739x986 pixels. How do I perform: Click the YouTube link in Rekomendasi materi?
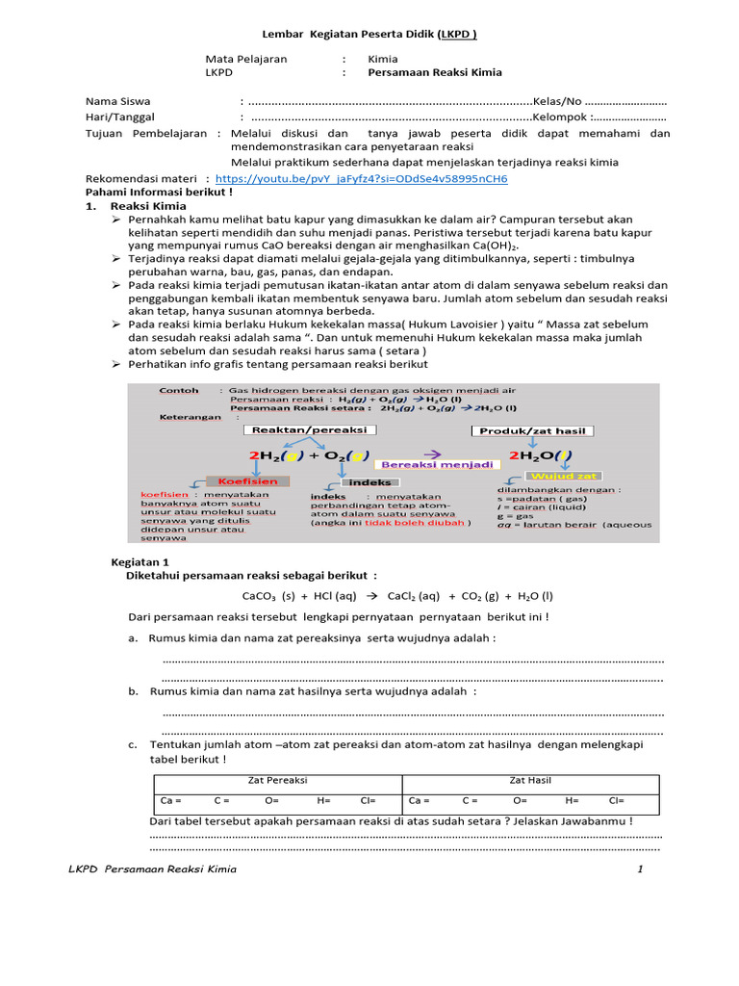(362, 178)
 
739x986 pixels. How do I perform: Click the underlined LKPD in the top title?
(458, 35)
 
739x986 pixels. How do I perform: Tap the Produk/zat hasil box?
(531, 430)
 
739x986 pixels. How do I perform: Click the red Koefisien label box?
(247, 480)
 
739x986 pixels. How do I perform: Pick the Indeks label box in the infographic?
(369, 481)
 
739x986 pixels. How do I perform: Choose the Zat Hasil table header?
(530, 780)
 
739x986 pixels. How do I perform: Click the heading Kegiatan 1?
(140, 560)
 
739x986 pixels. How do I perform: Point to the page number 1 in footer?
(638, 869)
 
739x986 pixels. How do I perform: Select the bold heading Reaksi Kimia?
(148, 206)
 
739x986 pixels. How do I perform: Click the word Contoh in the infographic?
(179, 390)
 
